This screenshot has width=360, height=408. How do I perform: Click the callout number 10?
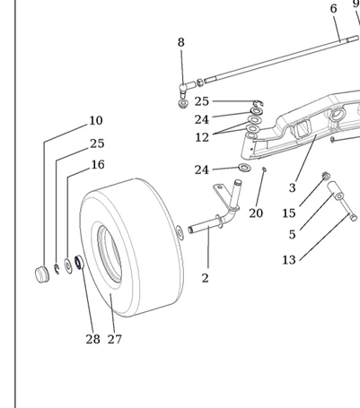click(x=96, y=120)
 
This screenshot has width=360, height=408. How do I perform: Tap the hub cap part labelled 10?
click(x=42, y=273)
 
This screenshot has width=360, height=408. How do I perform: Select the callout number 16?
click(x=98, y=165)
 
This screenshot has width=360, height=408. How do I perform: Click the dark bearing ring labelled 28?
click(x=79, y=263)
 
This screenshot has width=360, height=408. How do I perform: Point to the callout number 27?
click(x=115, y=339)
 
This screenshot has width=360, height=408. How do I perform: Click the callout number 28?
click(x=92, y=339)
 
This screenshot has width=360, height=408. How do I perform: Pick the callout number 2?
click(x=205, y=278)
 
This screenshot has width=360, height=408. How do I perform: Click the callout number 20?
click(x=256, y=213)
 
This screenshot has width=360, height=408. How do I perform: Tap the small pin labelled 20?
click(x=264, y=169)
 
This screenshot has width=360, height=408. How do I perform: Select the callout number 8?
click(x=180, y=42)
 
